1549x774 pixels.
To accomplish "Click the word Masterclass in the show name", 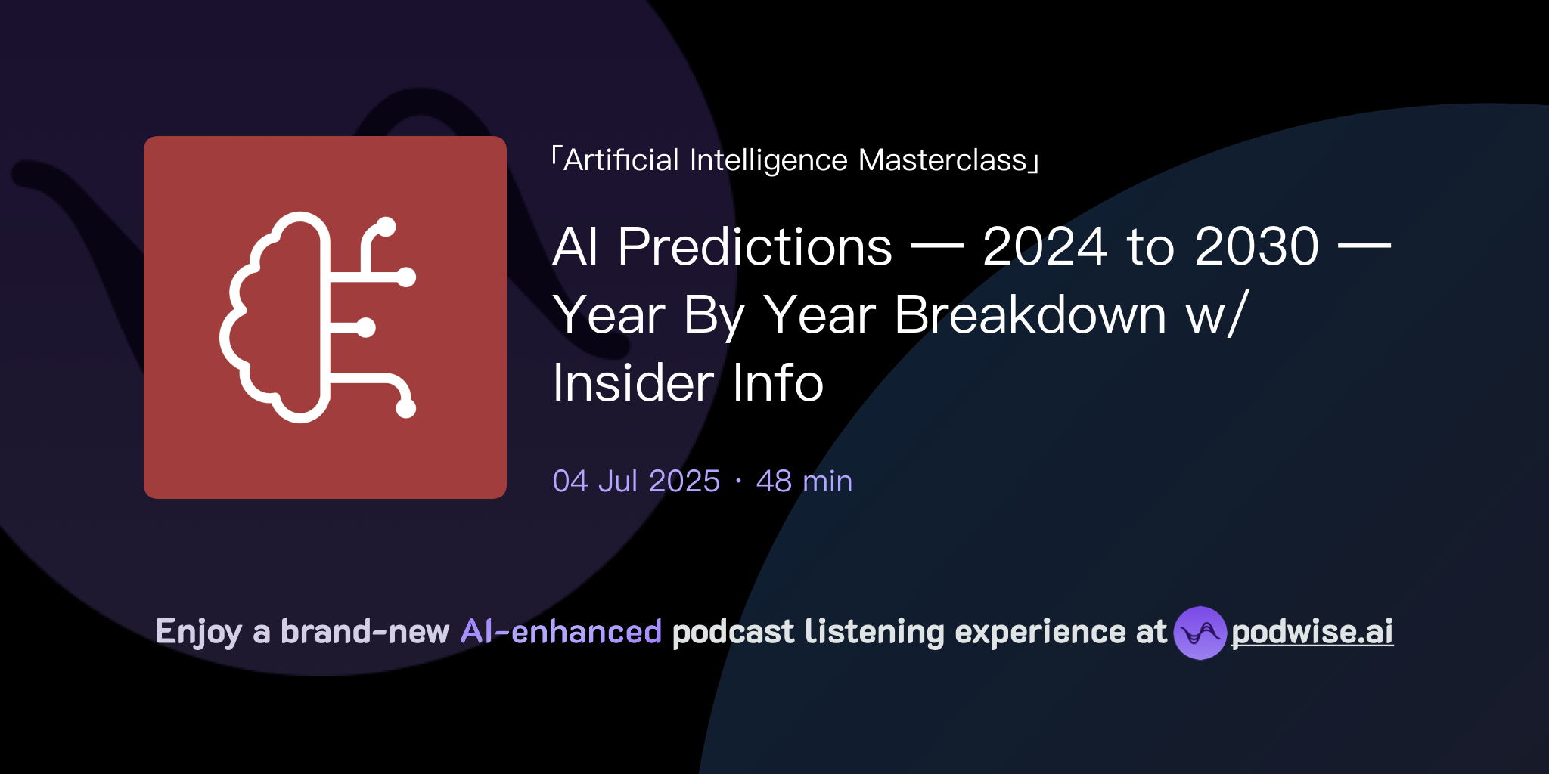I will [x=942, y=160].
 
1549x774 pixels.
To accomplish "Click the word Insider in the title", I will [x=633, y=382].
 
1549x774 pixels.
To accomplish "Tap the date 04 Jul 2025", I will [x=636, y=481].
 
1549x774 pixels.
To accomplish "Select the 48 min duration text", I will [x=804, y=481].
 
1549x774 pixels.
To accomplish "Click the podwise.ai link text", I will [x=1312, y=632].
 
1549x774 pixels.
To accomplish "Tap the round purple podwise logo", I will [x=1200, y=633].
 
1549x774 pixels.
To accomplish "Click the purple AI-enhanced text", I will [x=561, y=632].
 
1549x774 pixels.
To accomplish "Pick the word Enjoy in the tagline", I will [x=198, y=632].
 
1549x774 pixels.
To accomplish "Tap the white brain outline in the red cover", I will [x=272, y=317].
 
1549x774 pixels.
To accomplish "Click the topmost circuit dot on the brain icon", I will [x=386, y=226].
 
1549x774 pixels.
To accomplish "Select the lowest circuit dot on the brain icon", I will [x=406, y=408].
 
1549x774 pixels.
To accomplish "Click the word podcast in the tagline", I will [x=733, y=632].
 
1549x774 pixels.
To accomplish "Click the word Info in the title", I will [x=778, y=382].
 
